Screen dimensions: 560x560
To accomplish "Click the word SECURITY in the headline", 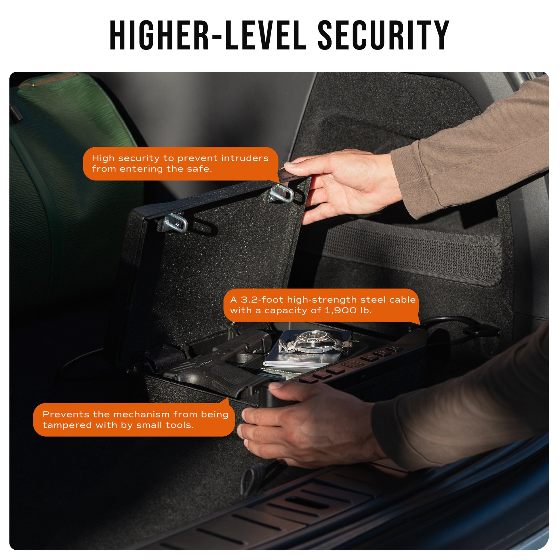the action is coord(384,35).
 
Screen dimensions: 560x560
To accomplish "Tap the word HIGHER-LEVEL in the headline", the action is coord(208,35).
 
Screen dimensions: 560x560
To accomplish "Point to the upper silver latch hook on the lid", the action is coord(281,194).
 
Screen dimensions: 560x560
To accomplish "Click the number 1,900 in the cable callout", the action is coord(341,311).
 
